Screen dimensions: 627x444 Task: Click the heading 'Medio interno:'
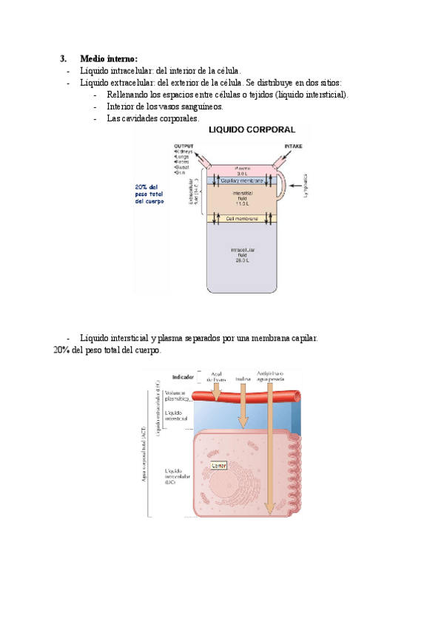108,58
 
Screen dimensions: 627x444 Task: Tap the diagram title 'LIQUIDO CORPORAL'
252,130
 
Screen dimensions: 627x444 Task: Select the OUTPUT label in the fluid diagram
184,146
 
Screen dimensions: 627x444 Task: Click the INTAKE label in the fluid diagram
294,146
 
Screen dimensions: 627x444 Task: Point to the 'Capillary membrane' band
242,180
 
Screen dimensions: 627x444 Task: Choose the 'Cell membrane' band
242,218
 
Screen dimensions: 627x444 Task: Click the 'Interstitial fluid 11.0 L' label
242,197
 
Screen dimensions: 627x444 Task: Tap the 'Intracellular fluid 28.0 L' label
242,255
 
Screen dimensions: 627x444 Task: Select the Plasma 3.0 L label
242,170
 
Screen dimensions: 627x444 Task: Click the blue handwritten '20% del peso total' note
150,194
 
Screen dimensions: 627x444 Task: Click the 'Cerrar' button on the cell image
219,466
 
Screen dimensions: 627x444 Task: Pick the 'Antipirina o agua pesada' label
272,376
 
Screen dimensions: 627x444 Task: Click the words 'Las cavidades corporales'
152,118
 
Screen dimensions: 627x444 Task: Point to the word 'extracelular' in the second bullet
133,83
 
